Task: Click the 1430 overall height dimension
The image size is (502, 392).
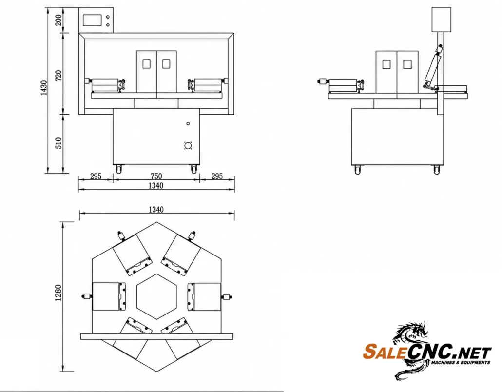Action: [44, 87]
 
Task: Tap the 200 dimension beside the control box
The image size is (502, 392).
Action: [58, 20]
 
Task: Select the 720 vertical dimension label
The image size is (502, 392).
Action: [58, 76]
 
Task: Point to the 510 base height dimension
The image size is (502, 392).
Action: [58, 143]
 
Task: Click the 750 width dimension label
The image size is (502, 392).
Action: [156, 176]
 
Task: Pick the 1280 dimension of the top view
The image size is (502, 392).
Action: [58, 293]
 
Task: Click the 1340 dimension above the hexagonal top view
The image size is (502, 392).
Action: [156, 210]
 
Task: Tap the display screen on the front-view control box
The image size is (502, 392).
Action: [92, 20]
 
